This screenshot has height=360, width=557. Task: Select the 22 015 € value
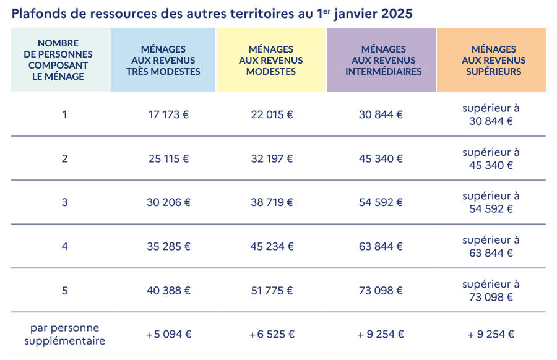coord(272,114)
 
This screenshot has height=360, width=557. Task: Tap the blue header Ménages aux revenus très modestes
coord(163,60)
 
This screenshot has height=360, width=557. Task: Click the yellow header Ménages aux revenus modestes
coord(271,60)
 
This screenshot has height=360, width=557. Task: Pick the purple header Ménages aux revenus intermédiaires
coord(381,60)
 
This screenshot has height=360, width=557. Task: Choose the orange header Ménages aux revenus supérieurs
coord(491,60)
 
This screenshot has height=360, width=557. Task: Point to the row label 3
coord(64,202)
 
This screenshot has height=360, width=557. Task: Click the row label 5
coord(64,290)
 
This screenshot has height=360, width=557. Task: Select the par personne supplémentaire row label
coord(64,334)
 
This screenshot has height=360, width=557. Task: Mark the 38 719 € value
coord(272,202)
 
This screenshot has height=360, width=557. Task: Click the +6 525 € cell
coord(272,334)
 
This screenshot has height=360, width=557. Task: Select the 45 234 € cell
coord(272,246)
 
